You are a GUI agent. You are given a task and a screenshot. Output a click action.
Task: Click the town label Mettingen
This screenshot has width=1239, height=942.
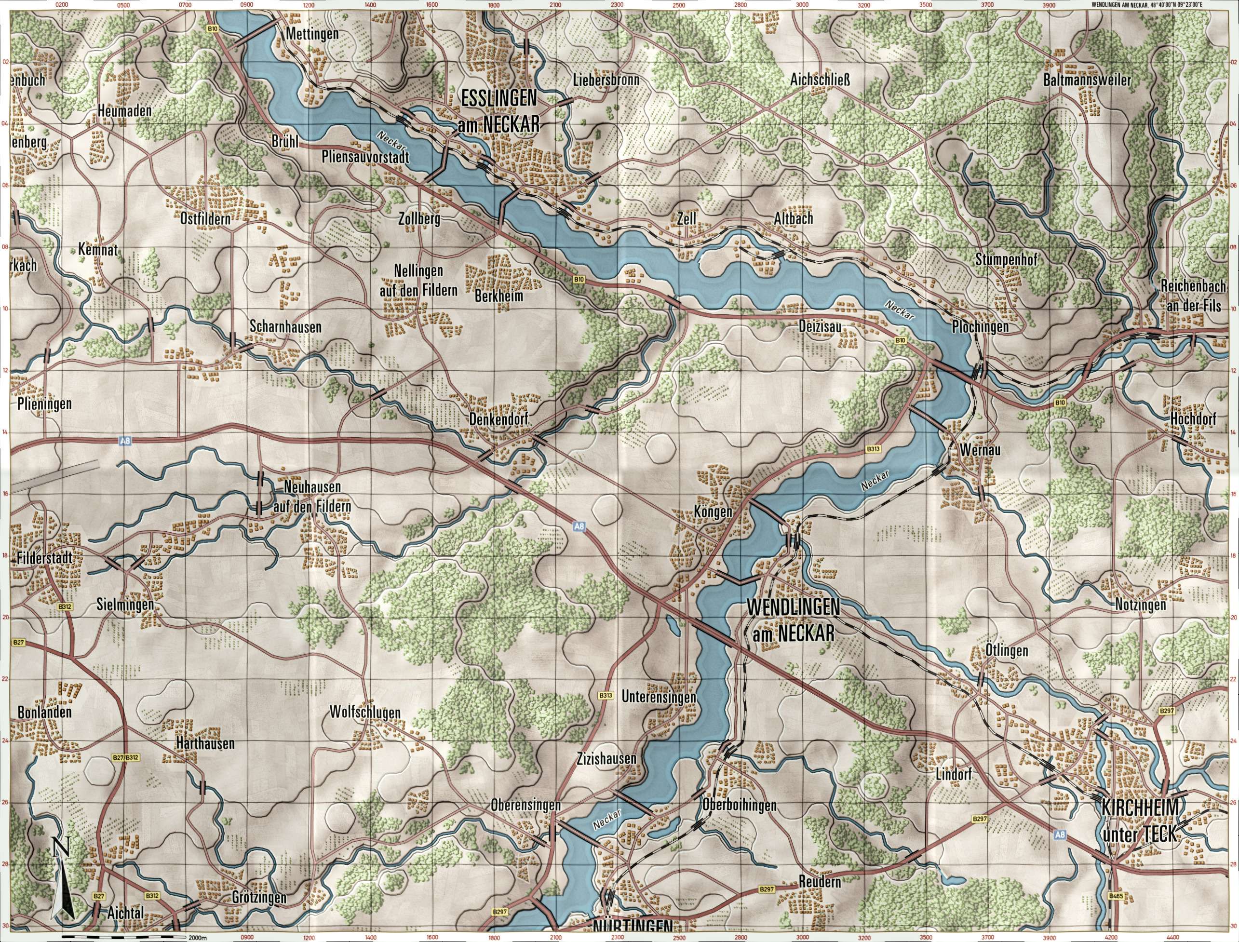click(312, 34)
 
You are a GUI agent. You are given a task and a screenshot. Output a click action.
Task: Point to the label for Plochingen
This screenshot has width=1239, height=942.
click(980, 326)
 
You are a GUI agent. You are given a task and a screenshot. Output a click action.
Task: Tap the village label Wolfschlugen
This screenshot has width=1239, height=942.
click(365, 713)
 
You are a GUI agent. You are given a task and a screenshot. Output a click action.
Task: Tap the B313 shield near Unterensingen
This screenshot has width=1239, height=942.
click(605, 696)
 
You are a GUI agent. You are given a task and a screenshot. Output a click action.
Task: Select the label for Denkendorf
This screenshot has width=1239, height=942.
click(498, 419)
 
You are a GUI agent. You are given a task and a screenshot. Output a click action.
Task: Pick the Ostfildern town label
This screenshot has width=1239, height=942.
click(205, 219)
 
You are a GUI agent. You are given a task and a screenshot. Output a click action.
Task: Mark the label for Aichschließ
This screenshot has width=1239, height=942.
click(820, 81)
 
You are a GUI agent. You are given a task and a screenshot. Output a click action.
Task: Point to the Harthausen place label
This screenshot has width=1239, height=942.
click(204, 744)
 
